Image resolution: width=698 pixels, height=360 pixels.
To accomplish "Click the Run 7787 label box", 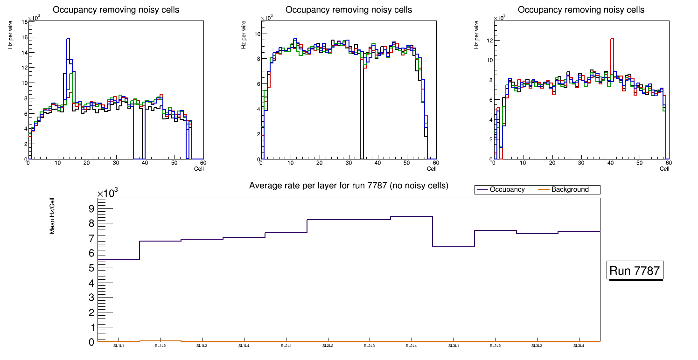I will coord(635,270).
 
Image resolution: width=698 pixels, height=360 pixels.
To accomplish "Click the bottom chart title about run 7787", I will coord(349,186).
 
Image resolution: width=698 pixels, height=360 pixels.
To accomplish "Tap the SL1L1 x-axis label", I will coord(119,346).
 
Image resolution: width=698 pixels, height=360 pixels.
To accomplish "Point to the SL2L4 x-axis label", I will coord(411,346).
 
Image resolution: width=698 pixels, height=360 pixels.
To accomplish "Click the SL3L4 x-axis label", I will coord(579,346).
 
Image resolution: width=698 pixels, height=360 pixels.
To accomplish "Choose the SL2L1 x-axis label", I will coord(286,346).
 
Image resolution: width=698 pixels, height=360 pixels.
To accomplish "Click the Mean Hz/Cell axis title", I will coord(53,215).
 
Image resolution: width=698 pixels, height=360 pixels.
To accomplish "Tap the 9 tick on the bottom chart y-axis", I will coord(91,208).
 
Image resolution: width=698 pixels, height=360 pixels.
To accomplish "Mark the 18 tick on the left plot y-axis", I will coord(24,21).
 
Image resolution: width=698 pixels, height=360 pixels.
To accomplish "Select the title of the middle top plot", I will coord(349,10).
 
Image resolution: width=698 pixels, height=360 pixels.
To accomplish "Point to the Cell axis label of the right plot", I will coord(664,169).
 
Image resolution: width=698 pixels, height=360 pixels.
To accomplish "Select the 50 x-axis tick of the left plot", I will coord(174,163).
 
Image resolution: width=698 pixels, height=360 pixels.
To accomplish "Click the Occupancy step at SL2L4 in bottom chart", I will coord(412,216).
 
